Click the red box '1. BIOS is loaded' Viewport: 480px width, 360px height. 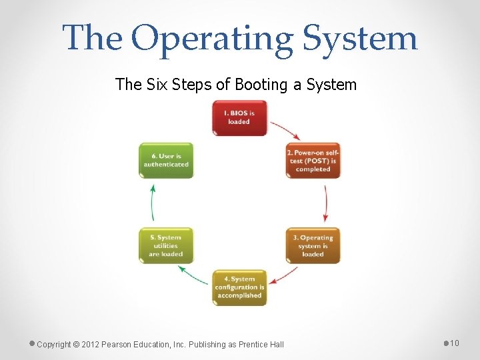coord(239,118)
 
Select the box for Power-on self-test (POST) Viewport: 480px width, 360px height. coord(313,161)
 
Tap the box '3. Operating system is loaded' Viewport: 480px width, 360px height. coord(313,245)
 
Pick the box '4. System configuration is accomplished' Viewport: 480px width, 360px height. coord(239,287)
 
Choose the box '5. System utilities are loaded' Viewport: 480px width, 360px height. coord(166,245)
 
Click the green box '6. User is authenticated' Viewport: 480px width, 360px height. coord(166,161)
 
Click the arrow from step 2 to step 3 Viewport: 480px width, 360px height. coord(325,203)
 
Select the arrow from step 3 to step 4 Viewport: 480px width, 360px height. coord(284,275)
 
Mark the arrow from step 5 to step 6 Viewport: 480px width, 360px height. coord(153,203)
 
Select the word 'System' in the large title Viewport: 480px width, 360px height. coord(360,38)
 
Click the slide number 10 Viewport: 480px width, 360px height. coord(455,343)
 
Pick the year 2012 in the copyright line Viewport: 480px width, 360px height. coord(92,344)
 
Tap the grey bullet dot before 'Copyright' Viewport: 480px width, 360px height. coord(32,343)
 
